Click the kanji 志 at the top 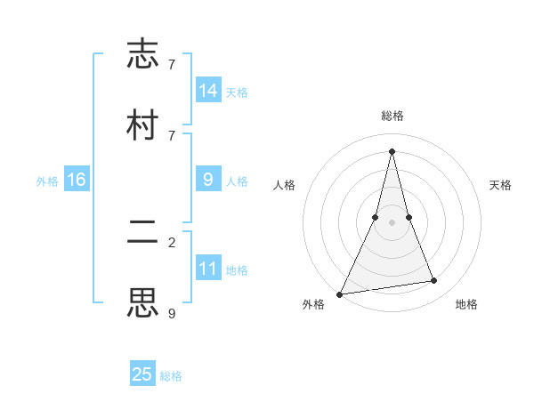coord(142,54)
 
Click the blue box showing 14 coord(208,91)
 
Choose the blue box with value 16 coord(76,181)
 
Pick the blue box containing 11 coord(208,269)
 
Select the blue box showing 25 coord(142,374)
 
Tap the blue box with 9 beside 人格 coord(208,180)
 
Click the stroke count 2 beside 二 coord(172,242)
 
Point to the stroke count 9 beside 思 coord(172,312)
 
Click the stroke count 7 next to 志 coord(172,65)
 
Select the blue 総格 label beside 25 coord(171,376)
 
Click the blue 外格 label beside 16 coord(47,181)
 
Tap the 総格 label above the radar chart coord(392,116)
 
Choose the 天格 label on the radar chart coord(500,185)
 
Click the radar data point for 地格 coord(434,281)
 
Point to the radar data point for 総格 coord(392,150)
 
